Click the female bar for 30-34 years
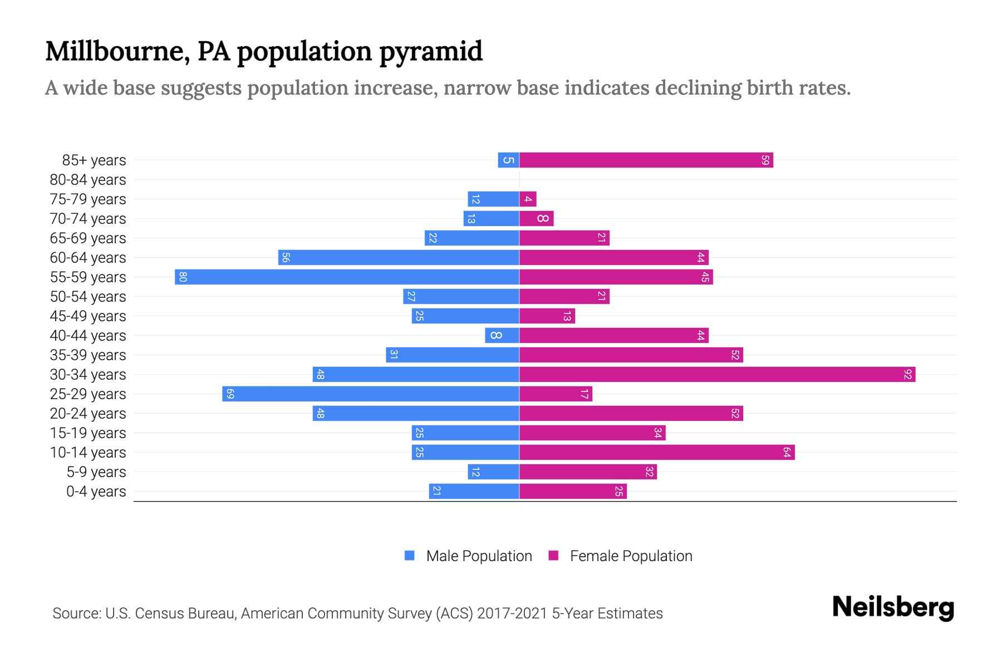click(717, 375)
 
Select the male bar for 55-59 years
click(347, 277)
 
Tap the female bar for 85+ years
click(646, 160)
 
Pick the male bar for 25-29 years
click(371, 394)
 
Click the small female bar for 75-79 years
click(528, 199)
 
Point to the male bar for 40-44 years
click(502, 336)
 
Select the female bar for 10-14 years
click(657, 453)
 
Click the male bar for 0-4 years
click(474, 492)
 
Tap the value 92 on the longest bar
click(907, 375)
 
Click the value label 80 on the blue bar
click(183, 277)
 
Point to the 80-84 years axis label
click(88, 180)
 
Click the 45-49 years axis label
click(88, 316)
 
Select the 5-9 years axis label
click(96, 472)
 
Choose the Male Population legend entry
click(479, 556)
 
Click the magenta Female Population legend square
click(553, 556)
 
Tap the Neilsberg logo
click(893, 607)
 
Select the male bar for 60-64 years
click(399, 258)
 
